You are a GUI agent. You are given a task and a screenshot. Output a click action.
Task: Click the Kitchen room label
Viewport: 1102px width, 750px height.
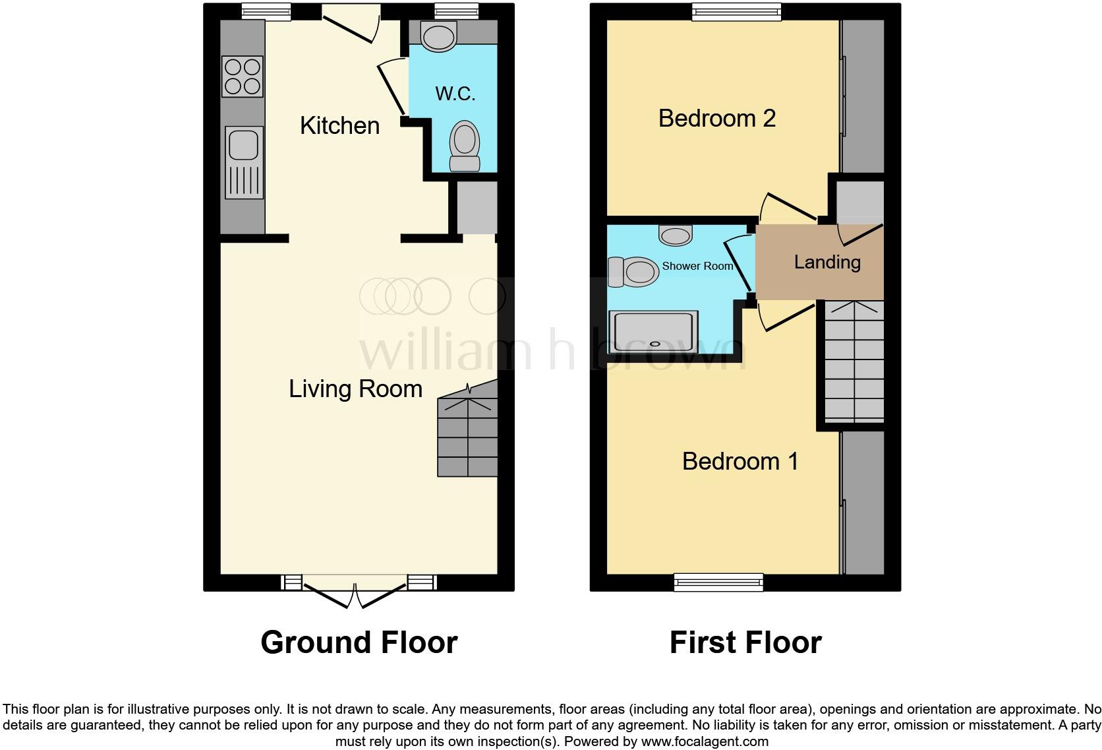point(339,125)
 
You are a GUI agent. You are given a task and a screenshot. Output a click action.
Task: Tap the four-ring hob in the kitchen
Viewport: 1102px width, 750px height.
point(243,77)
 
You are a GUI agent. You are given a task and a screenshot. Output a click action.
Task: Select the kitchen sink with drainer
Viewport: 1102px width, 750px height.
point(243,162)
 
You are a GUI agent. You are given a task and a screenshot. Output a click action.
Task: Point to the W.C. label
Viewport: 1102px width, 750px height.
point(455,93)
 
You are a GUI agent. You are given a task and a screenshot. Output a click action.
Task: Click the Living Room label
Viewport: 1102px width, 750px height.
point(355,389)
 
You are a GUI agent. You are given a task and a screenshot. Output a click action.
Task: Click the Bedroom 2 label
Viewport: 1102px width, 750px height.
point(716,118)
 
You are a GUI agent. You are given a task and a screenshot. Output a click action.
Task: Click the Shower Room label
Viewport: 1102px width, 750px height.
point(697,266)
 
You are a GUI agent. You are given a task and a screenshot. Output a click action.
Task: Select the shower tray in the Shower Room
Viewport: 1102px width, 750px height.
point(653,332)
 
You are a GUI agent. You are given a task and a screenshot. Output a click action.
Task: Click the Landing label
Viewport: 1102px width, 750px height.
point(826,262)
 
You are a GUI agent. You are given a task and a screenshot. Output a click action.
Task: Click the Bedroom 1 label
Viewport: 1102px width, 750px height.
point(740,460)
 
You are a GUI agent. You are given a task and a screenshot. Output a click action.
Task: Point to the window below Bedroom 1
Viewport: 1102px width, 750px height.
point(718,582)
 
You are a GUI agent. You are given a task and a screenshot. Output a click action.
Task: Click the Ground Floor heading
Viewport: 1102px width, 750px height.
point(359,642)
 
